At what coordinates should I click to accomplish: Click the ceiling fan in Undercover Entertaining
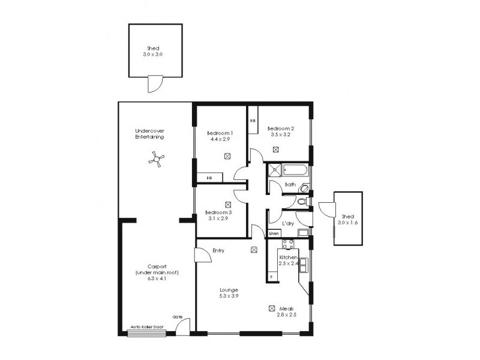point(156,158)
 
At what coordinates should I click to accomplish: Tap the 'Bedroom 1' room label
point(220,133)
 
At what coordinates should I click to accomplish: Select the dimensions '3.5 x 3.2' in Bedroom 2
point(280,135)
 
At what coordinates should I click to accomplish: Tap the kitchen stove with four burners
point(287,244)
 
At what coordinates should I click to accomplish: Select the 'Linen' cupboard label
point(274,233)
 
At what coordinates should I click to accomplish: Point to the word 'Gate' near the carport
point(178,317)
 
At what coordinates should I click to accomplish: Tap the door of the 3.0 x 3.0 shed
point(155,83)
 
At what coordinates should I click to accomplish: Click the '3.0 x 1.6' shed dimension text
point(348,223)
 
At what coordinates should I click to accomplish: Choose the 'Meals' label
point(286,308)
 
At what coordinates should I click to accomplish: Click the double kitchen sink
point(304,264)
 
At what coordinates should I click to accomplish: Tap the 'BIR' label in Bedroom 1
point(209,178)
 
